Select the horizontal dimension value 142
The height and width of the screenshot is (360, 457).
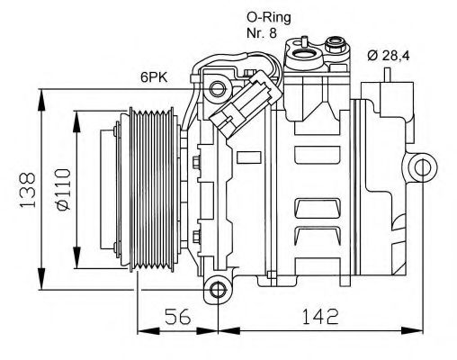[320, 317]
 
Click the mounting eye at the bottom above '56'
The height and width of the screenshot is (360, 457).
[216, 289]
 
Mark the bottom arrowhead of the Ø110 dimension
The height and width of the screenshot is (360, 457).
[75, 255]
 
